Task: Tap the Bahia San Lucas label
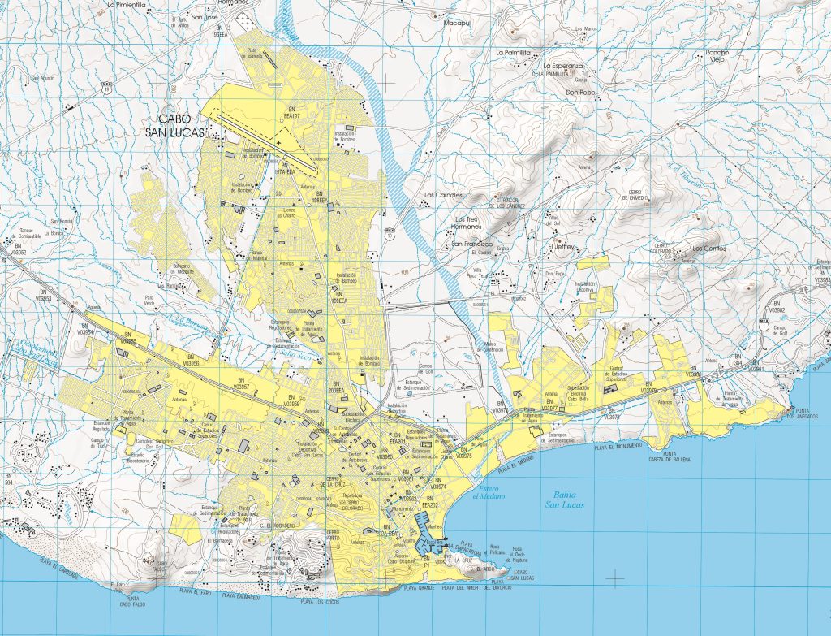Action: click(563, 499)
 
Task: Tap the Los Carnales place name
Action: click(443, 195)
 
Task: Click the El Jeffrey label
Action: click(561, 245)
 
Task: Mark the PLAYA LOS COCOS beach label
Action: click(321, 602)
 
